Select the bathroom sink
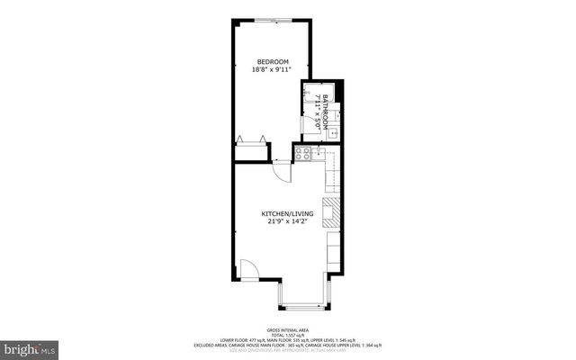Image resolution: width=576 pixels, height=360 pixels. (x=332, y=132)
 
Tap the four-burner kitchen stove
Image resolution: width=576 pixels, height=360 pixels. (x=304, y=154)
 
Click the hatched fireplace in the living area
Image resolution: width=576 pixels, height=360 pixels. (x=329, y=213)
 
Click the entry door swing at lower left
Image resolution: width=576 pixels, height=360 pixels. (x=249, y=269)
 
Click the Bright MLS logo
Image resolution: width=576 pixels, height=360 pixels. (x=31, y=346)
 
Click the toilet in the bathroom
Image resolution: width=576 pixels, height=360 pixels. (x=332, y=112)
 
